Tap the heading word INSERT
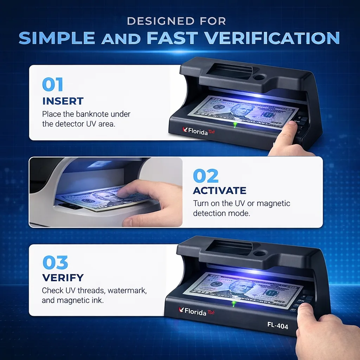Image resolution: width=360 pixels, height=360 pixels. tap(63, 101)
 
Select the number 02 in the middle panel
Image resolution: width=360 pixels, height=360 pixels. tap(206, 176)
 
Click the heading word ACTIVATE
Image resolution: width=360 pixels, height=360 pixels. tap(219, 191)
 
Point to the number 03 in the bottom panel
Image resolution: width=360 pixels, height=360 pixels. tap(55, 263)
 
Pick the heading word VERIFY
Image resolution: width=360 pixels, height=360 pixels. tap(63, 278)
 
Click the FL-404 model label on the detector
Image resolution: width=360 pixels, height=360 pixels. tap(277, 326)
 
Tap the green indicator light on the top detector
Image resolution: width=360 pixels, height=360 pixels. tap(234, 124)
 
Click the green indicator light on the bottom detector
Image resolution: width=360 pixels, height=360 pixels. tap(233, 303)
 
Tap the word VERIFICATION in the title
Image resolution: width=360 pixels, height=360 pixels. tap(272, 38)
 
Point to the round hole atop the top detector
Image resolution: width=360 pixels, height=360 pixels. tap(259, 76)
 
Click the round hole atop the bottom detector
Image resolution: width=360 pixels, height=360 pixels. tap(260, 253)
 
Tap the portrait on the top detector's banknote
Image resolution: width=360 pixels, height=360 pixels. tap(238, 111)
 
